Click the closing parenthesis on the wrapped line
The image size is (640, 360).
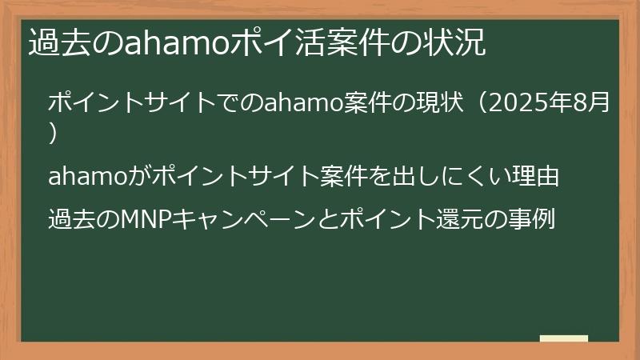tap(53, 132)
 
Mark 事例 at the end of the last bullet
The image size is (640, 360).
tap(533, 218)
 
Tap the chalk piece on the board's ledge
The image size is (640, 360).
tap(564, 339)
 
